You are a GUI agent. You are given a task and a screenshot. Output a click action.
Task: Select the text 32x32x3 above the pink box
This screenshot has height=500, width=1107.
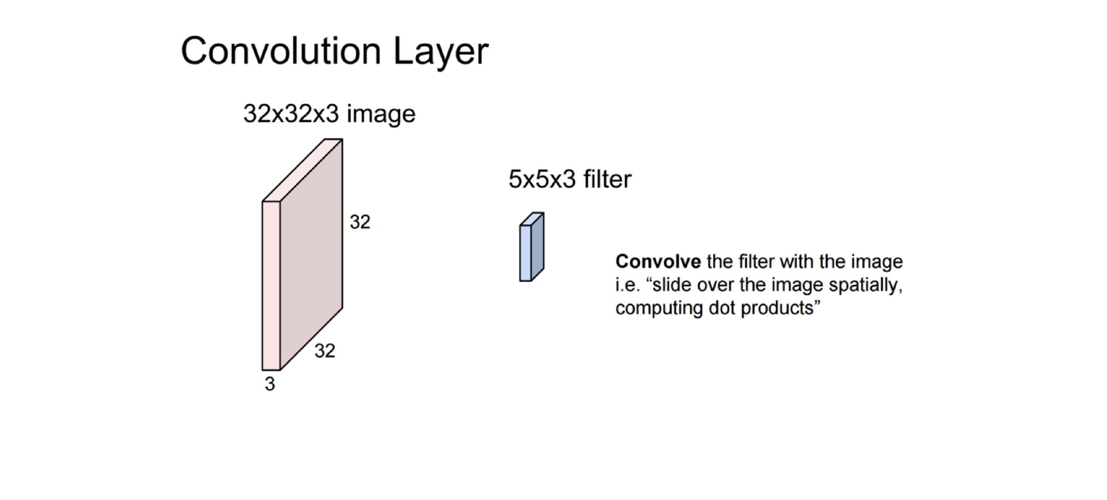[x=291, y=113]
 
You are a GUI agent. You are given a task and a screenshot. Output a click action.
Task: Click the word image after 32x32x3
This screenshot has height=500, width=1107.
[x=381, y=115]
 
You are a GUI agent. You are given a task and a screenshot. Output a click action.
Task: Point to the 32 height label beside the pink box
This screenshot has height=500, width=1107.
[x=360, y=222]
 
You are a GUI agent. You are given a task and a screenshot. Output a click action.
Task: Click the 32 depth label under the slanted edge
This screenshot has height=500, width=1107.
[x=325, y=351]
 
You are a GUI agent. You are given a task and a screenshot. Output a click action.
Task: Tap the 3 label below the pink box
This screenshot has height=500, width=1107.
[x=269, y=384]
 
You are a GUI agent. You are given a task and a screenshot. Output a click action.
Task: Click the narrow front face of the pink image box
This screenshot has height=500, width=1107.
[x=271, y=285]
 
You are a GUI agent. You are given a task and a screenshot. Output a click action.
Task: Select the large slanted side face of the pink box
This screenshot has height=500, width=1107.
[x=311, y=254]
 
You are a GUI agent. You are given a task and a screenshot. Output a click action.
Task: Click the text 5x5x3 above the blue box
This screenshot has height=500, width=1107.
[x=542, y=179]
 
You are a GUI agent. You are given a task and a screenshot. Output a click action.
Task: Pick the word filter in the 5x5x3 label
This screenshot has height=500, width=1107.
[x=608, y=179]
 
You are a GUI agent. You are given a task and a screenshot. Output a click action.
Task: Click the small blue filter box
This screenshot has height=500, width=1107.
[x=532, y=247]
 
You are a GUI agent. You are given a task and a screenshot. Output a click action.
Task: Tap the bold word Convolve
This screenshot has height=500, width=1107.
[x=658, y=261]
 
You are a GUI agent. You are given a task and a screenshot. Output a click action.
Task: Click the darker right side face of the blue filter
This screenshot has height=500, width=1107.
[x=538, y=246]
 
